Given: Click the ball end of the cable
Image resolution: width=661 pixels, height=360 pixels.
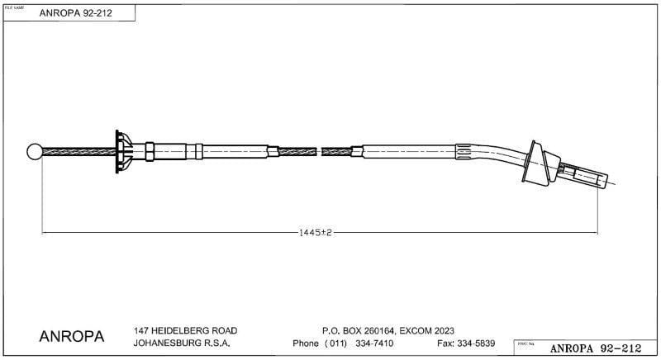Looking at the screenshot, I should [35, 152].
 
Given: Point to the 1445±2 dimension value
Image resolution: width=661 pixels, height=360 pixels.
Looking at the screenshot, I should [316, 234].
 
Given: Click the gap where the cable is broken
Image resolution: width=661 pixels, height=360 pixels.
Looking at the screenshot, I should [320, 151].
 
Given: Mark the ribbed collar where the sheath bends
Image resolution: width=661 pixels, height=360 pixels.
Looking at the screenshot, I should [467, 153].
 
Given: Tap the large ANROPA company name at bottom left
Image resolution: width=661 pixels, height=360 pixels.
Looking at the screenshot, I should [72, 337].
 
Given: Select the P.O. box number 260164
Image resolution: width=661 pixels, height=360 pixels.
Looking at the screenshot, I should [377, 330].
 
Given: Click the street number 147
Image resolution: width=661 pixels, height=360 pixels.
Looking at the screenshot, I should [142, 330].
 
